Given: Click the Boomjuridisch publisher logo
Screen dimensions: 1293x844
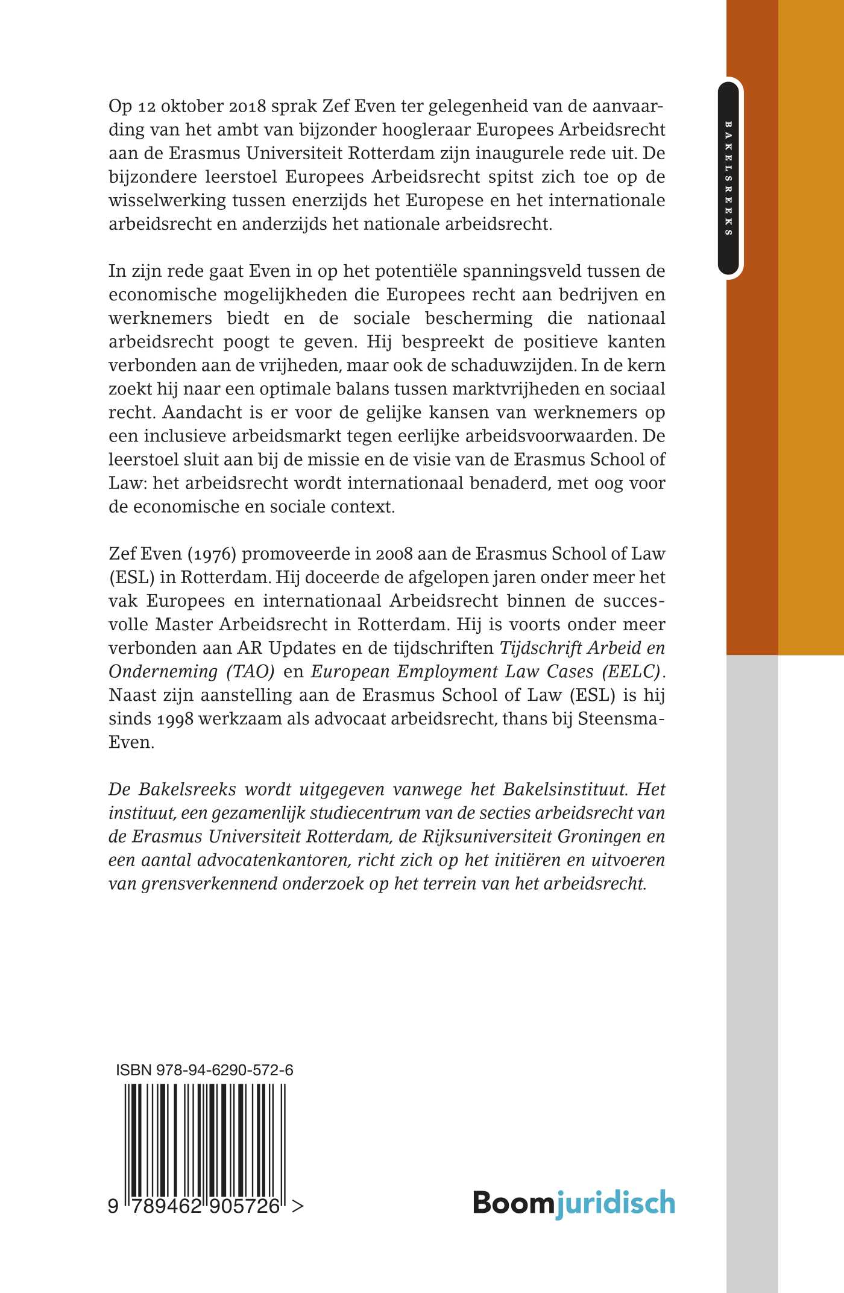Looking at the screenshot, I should click(573, 1203).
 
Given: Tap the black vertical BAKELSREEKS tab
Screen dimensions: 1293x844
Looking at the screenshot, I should click(728, 179).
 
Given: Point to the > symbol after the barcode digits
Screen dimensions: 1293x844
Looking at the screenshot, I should click(297, 1206).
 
